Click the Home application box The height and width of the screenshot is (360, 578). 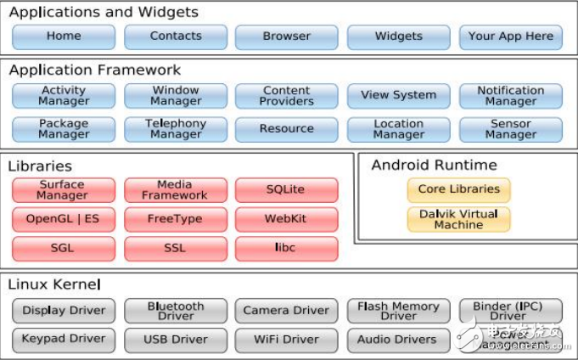[x=64, y=37]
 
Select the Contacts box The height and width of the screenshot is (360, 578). [x=176, y=37]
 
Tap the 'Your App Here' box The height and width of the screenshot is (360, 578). [x=510, y=37]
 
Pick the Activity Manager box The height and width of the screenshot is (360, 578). [x=64, y=96]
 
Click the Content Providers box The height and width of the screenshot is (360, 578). [x=286, y=96]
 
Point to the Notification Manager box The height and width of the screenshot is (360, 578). [x=510, y=96]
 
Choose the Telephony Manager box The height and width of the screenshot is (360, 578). [x=176, y=129]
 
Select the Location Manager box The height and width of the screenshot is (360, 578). [x=398, y=129]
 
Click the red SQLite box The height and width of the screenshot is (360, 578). [x=286, y=189]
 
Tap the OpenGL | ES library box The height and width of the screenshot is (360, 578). [x=64, y=219]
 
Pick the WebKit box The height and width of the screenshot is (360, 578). [x=286, y=219]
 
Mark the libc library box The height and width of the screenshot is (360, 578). [x=286, y=249]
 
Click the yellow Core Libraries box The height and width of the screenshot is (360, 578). [x=459, y=189]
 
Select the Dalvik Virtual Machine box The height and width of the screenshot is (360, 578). [x=459, y=219]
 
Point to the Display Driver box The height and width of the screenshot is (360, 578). [x=64, y=311]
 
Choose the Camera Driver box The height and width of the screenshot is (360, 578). [x=286, y=311]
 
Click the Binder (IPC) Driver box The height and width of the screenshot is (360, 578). [x=510, y=311]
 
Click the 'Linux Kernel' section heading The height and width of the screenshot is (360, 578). [x=54, y=284]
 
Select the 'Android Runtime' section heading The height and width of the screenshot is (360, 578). [x=434, y=165]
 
